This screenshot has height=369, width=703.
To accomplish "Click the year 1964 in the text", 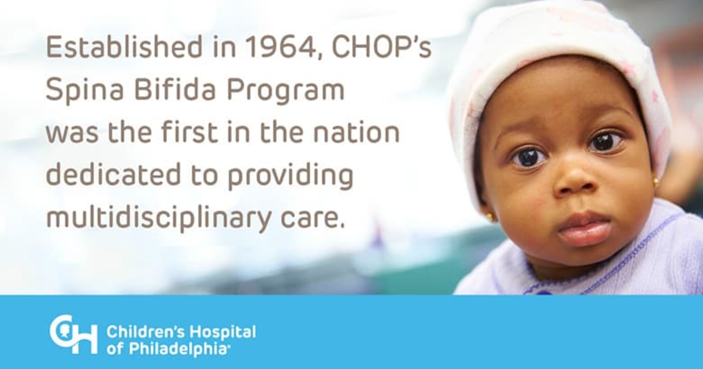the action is [x=285, y=47].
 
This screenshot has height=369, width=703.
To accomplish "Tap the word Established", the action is [x=124, y=47].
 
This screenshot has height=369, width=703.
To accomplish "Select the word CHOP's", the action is [x=381, y=46].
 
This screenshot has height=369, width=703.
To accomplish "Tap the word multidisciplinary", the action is [x=159, y=218].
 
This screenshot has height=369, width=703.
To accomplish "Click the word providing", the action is [x=291, y=176].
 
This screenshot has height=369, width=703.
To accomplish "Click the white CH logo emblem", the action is [x=73, y=334].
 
